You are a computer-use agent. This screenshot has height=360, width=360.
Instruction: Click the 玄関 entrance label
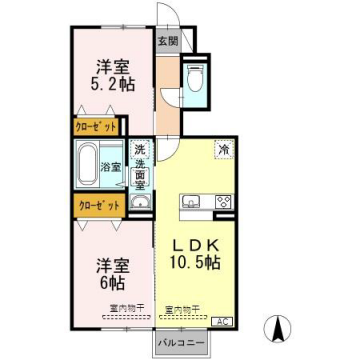(x=166, y=41)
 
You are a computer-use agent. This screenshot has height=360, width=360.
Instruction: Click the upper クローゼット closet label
(x=95, y=128)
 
